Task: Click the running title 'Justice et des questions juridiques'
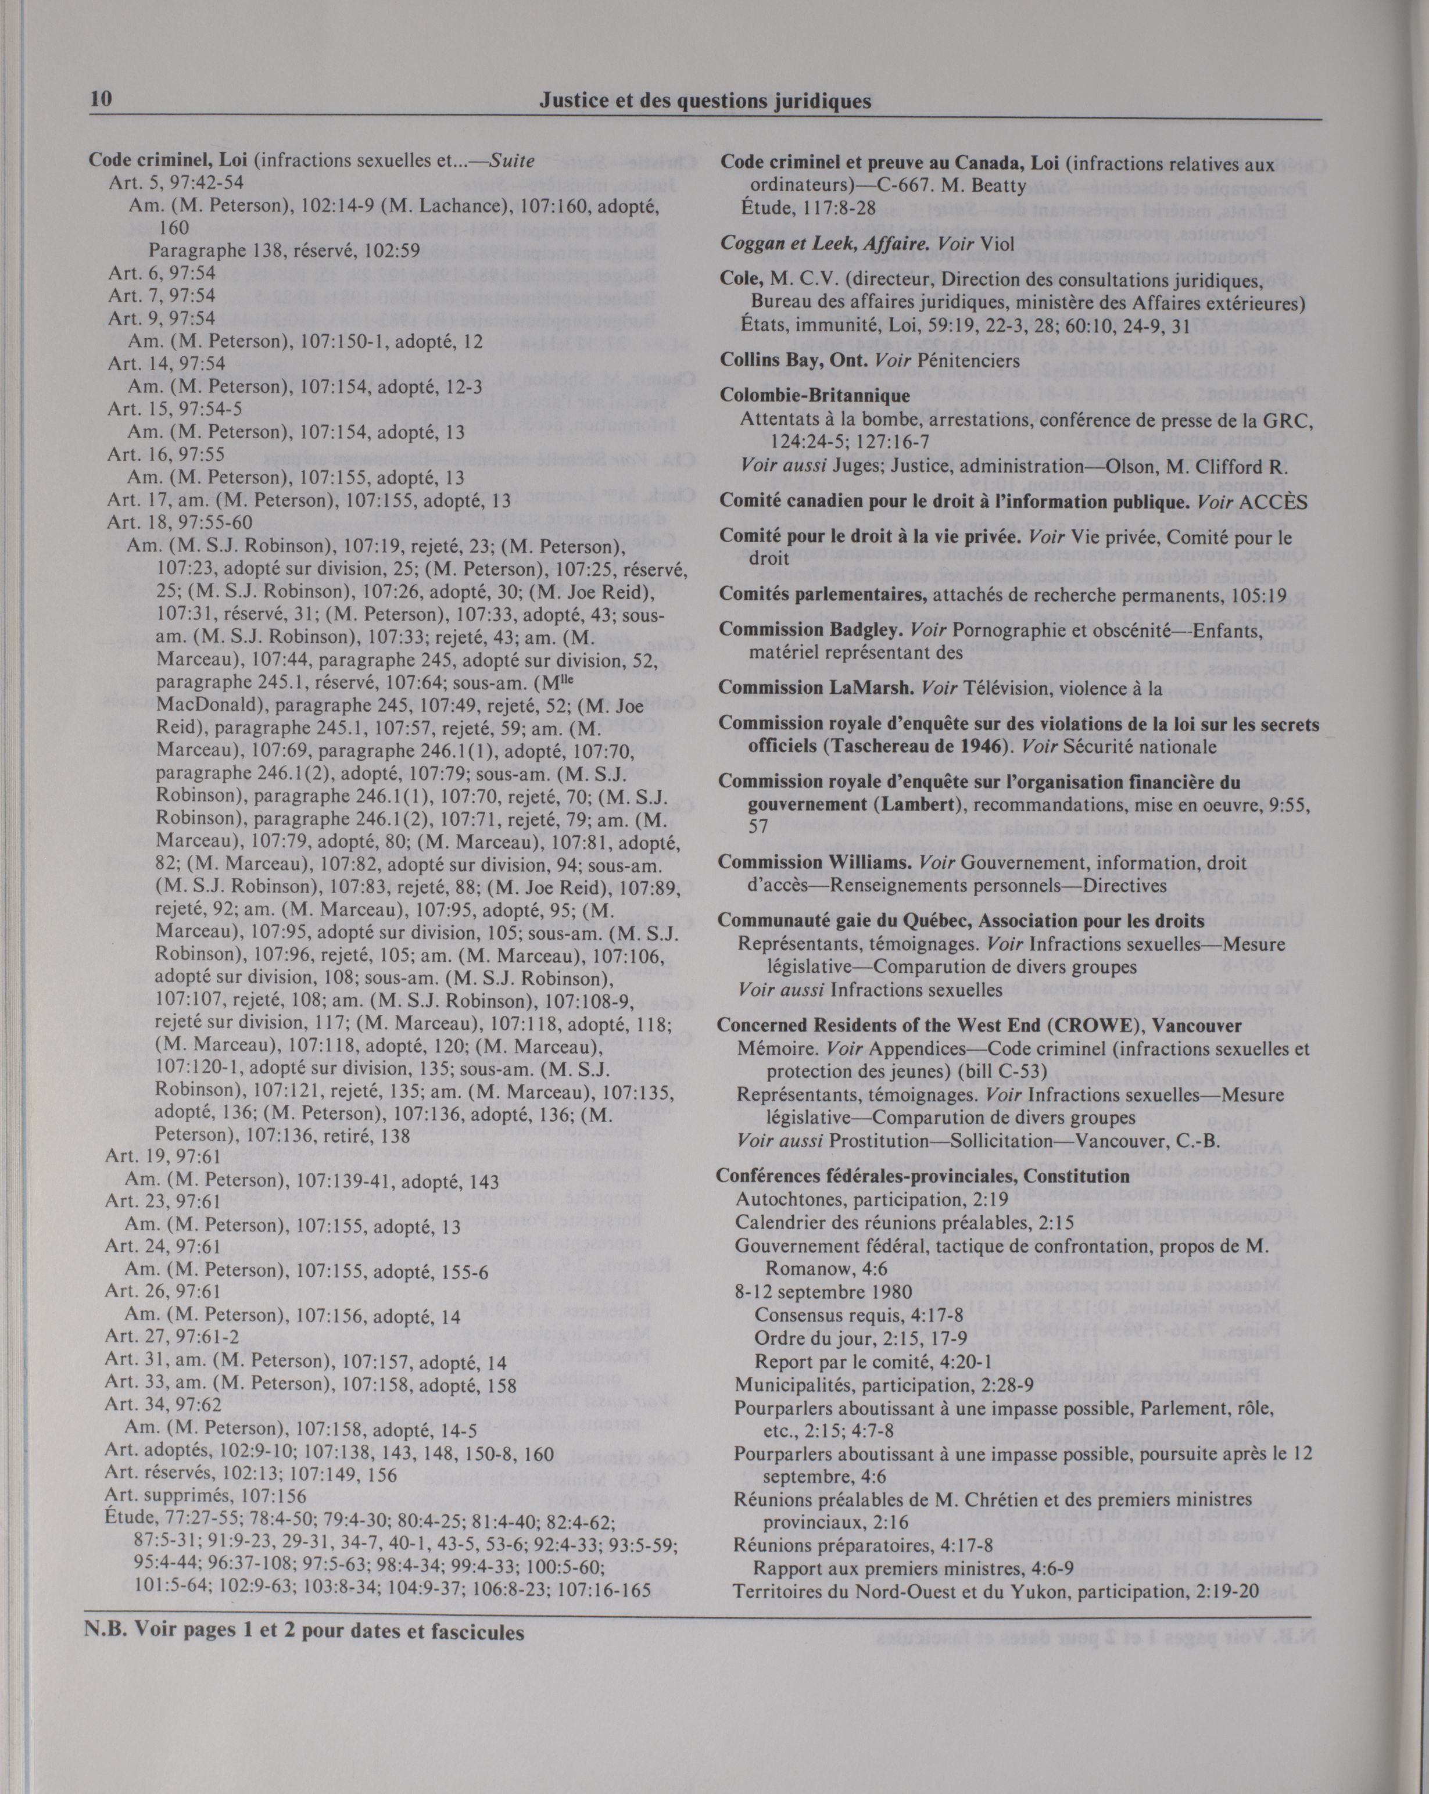[x=705, y=102]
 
